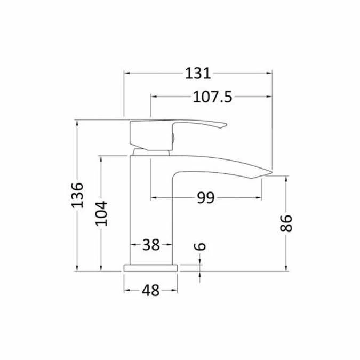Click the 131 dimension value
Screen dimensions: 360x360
click(x=198, y=73)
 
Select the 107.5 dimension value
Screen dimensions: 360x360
click(x=209, y=97)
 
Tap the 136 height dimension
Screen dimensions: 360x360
click(x=78, y=196)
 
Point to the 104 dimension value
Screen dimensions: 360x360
click(x=101, y=213)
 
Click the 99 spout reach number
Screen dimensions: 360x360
click(x=205, y=198)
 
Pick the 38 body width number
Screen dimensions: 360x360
click(x=151, y=245)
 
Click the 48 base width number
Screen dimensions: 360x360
click(x=151, y=291)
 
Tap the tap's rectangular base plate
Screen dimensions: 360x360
click(x=151, y=268)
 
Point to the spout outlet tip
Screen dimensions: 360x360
click(x=270, y=173)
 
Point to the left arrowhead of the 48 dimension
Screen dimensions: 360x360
click(x=127, y=291)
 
